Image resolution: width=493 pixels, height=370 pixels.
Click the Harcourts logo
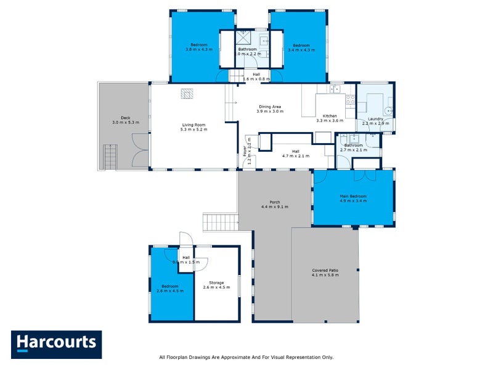56,345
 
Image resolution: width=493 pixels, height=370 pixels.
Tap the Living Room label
194,126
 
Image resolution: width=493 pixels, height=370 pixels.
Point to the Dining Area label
270,107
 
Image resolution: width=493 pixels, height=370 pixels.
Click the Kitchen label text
330,116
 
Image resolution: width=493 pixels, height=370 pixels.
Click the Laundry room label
375,118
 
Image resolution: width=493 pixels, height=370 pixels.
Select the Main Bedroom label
353,196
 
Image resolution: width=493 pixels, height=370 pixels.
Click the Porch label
274,202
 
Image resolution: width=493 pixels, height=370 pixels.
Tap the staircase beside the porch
220,221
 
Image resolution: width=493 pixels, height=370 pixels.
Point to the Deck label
126,118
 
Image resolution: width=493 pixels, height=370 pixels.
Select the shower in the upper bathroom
243,35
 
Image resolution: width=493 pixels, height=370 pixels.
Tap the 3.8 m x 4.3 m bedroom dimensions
198,49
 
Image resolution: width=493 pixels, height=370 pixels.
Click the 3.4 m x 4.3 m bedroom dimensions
301,49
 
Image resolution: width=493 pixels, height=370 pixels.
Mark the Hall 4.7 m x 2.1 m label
296,156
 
